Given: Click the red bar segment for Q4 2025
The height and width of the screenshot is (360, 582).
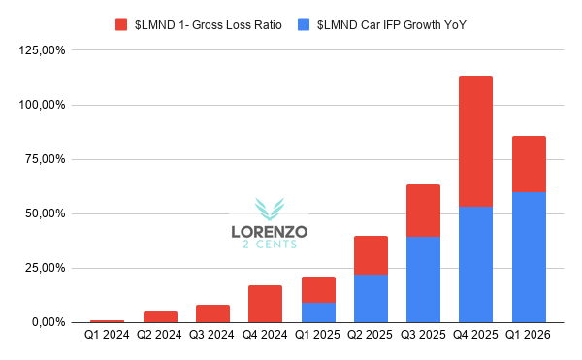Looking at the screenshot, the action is pyautogui.click(x=475, y=141).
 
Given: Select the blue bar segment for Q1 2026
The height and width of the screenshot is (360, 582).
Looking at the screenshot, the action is pyautogui.click(x=529, y=257).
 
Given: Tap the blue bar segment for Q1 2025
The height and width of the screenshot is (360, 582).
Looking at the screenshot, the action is pyautogui.click(x=318, y=312).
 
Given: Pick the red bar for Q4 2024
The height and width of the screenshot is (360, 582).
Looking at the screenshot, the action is pyautogui.click(x=265, y=304).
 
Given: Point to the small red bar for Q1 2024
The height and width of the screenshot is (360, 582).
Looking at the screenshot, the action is pyautogui.click(x=107, y=321).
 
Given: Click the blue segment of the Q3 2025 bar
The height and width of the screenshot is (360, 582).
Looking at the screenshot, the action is pyautogui.click(x=423, y=279).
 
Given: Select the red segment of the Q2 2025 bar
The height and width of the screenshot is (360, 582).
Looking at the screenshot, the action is pyautogui.click(x=371, y=255).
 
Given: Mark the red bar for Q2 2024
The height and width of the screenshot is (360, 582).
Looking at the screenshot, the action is pyautogui.click(x=160, y=317).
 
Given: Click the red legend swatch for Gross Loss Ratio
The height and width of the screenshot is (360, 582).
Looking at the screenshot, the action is pyautogui.click(x=121, y=25).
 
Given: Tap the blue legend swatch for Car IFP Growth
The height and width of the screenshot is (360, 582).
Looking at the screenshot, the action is pyautogui.click(x=304, y=25).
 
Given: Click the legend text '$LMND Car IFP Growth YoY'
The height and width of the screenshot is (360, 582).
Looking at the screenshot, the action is pyautogui.click(x=391, y=25).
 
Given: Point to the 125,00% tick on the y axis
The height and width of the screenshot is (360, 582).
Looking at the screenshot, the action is pyautogui.click(x=42, y=50).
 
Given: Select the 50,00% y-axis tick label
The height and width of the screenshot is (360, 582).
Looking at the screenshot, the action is pyautogui.click(x=45, y=213).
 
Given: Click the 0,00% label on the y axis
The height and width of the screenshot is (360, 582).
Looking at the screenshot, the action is pyautogui.click(x=48, y=322).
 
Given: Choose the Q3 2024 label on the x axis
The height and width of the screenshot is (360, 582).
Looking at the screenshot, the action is pyautogui.click(x=211, y=335).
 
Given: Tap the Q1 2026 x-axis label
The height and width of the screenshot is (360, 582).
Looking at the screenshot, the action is pyautogui.click(x=528, y=335).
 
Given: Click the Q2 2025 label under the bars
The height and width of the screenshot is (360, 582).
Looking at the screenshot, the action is pyautogui.click(x=370, y=335).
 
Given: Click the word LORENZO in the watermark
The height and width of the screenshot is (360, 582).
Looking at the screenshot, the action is pyautogui.click(x=270, y=232).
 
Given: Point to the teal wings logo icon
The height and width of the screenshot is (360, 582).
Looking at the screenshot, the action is pyautogui.click(x=270, y=209).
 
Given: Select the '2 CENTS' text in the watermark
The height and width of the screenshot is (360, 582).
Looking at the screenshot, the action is pyautogui.click(x=270, y=245).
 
